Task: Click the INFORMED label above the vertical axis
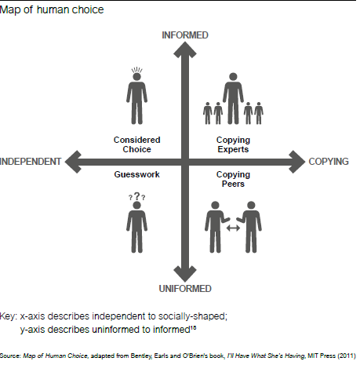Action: pyautogui.click(x=185, y=35)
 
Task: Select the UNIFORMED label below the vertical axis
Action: pyautogui.click(x=185, y=289)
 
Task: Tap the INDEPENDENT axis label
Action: pyautogui.click(x=31, y=162)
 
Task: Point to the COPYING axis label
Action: pyautogui.click(x=329, y=162)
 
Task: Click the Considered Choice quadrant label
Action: pyautogui.click(x=136, y=144)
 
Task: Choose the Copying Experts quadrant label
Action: pyautogui.click(x=233, y=144)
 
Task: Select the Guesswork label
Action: pyautogui.click(x=136, y=174)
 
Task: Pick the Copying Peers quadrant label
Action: pyautogui.click(x=233, y=179)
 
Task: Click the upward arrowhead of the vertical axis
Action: pyautogui.click(x=185, y=49)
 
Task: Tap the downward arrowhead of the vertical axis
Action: pyautogui.click(x=185, y=274)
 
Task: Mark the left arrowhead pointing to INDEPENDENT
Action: pyautogui.click(x=73, y=162)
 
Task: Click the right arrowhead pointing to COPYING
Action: pyautogui.click(x=297, y=162)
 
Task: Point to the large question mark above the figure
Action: pyautogui.click(x=136, y=196)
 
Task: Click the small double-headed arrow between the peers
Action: pyautogui.click(x=233, y=228)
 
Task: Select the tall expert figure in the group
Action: pyautogui.click(x=233, y=98)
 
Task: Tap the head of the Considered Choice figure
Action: pyautogui.click(x=136, y=77)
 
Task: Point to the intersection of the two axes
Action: pyautogui.click(x=185, y=162)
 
